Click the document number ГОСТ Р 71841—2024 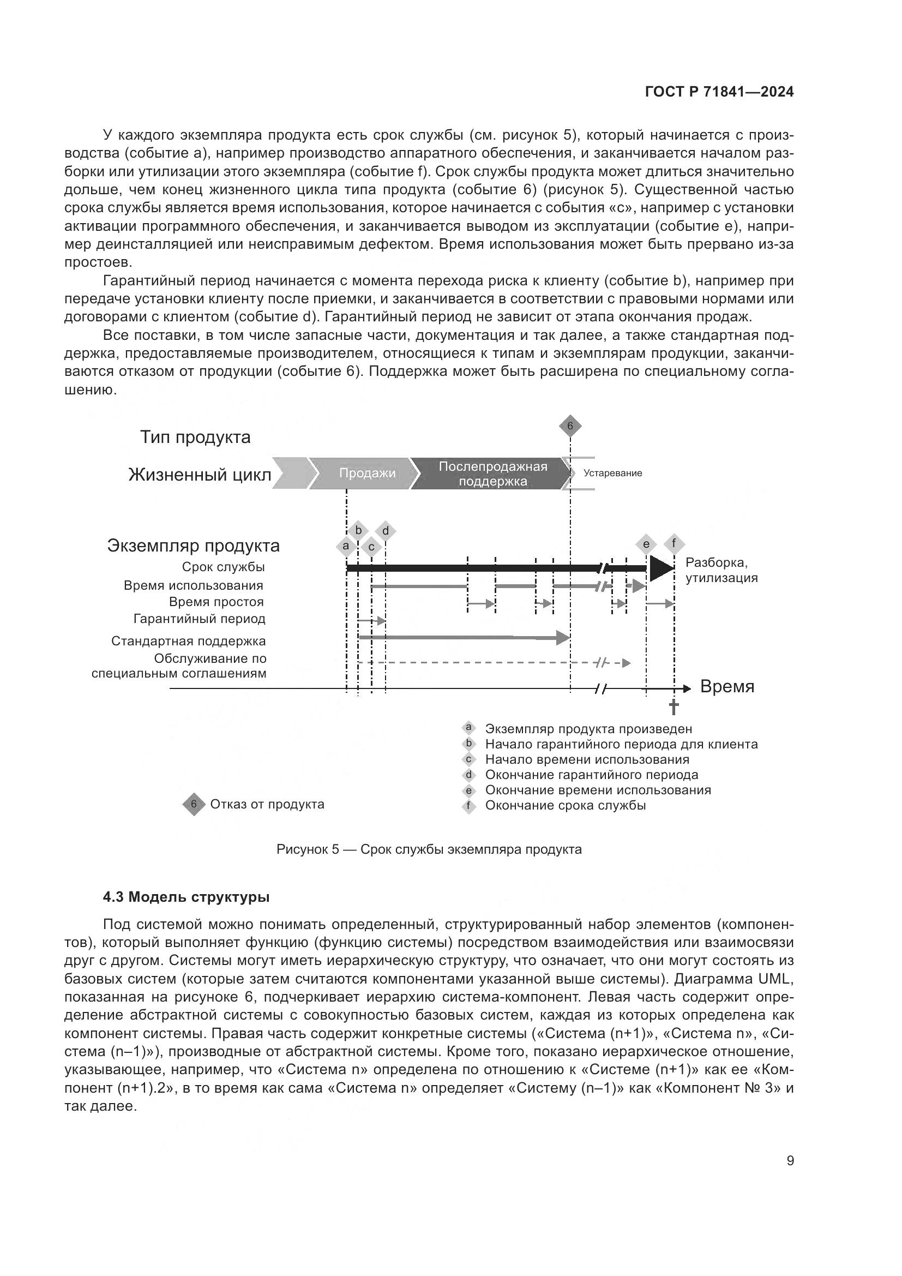[719, 92]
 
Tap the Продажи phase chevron [366, 474]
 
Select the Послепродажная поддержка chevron [492, 474]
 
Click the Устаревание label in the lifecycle [612, 473]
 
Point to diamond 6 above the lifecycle [570, 427]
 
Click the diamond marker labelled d [386, 531]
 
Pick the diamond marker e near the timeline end [646, 544]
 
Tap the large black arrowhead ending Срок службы [661, 568]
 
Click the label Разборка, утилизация [721, 570]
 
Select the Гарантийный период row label [200, 619]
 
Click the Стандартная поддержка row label [188, 641]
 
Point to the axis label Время [727, 687]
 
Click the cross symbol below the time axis [674, 707]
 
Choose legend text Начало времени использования [587, 759]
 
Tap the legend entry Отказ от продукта [267, 804]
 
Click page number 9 [790, 1161]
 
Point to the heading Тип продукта [195, 437]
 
